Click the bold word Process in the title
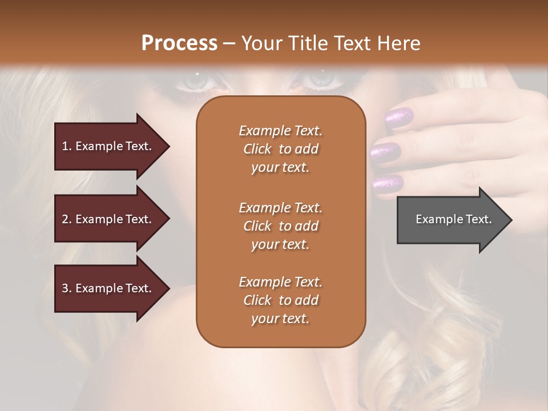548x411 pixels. (x=179, y=43)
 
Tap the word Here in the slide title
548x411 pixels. (x=398, y=43)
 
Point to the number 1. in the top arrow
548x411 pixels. (x=67, y=146)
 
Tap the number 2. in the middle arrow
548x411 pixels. (x=67, y=219)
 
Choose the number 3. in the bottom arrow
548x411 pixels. (x=67, y=288)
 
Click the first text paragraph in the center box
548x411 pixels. (x=280, y=149)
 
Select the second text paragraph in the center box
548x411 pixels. (x=280, y=226)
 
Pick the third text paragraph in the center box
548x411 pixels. (x=280, y=300)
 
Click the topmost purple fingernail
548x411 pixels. (x=400, y=118)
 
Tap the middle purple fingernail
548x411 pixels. (x=386, y=152)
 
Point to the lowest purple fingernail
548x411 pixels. (x=388, y=183)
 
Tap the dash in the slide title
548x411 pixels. (x=229, y=43)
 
